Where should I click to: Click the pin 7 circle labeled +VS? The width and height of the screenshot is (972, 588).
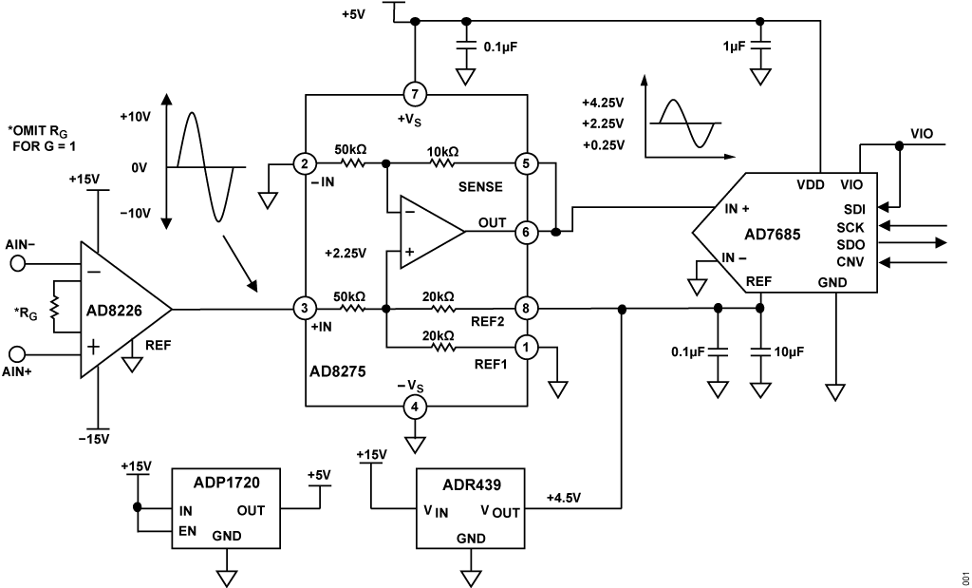click(x=415, y=94)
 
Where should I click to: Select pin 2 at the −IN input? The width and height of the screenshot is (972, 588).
click(x=305, y=162)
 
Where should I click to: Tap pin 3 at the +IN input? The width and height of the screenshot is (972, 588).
click(x=305, y=308)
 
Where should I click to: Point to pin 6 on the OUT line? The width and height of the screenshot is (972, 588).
click(x=525, y=231)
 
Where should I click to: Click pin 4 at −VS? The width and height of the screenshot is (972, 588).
click(x=415, y=407)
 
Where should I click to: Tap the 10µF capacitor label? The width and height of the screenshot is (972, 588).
click(x=789, y=351)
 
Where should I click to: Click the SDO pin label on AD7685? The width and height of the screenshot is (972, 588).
click(x=850, y=243)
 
